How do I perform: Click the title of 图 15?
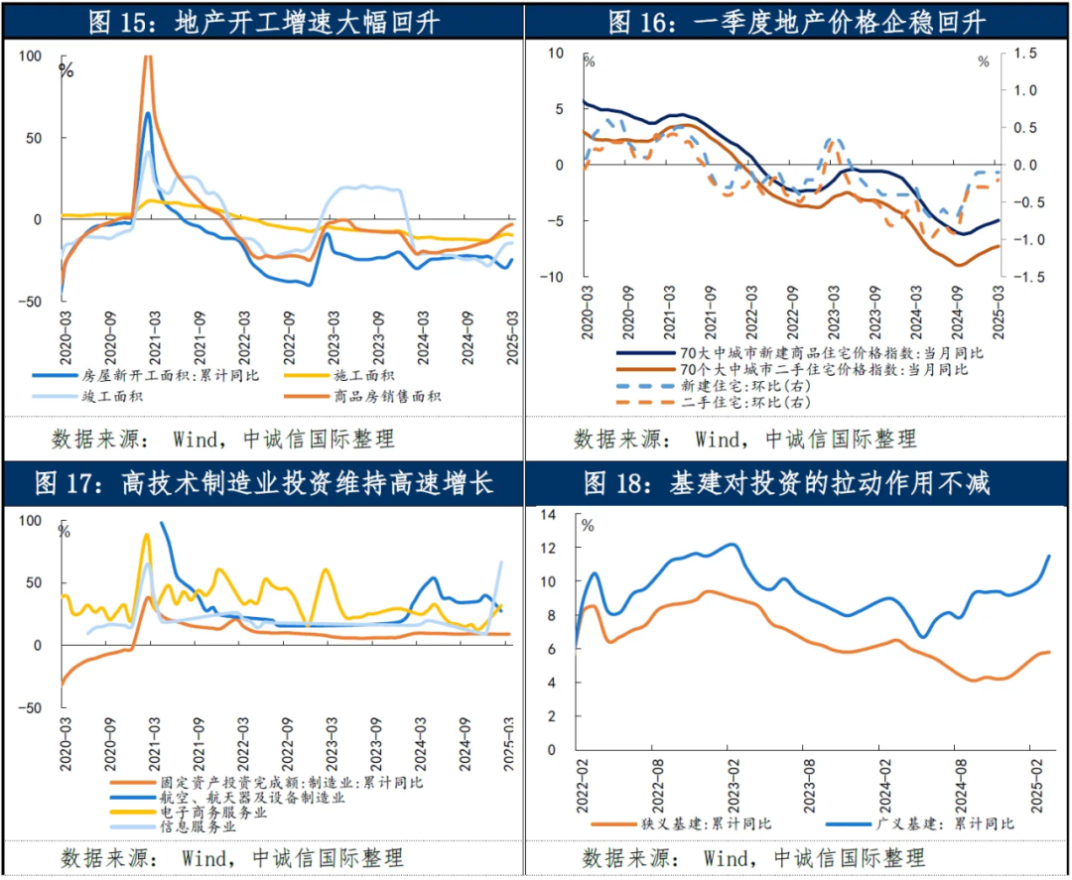point(264,20)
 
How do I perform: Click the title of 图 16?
point(799,20)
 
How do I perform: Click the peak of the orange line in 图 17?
point(149,596)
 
